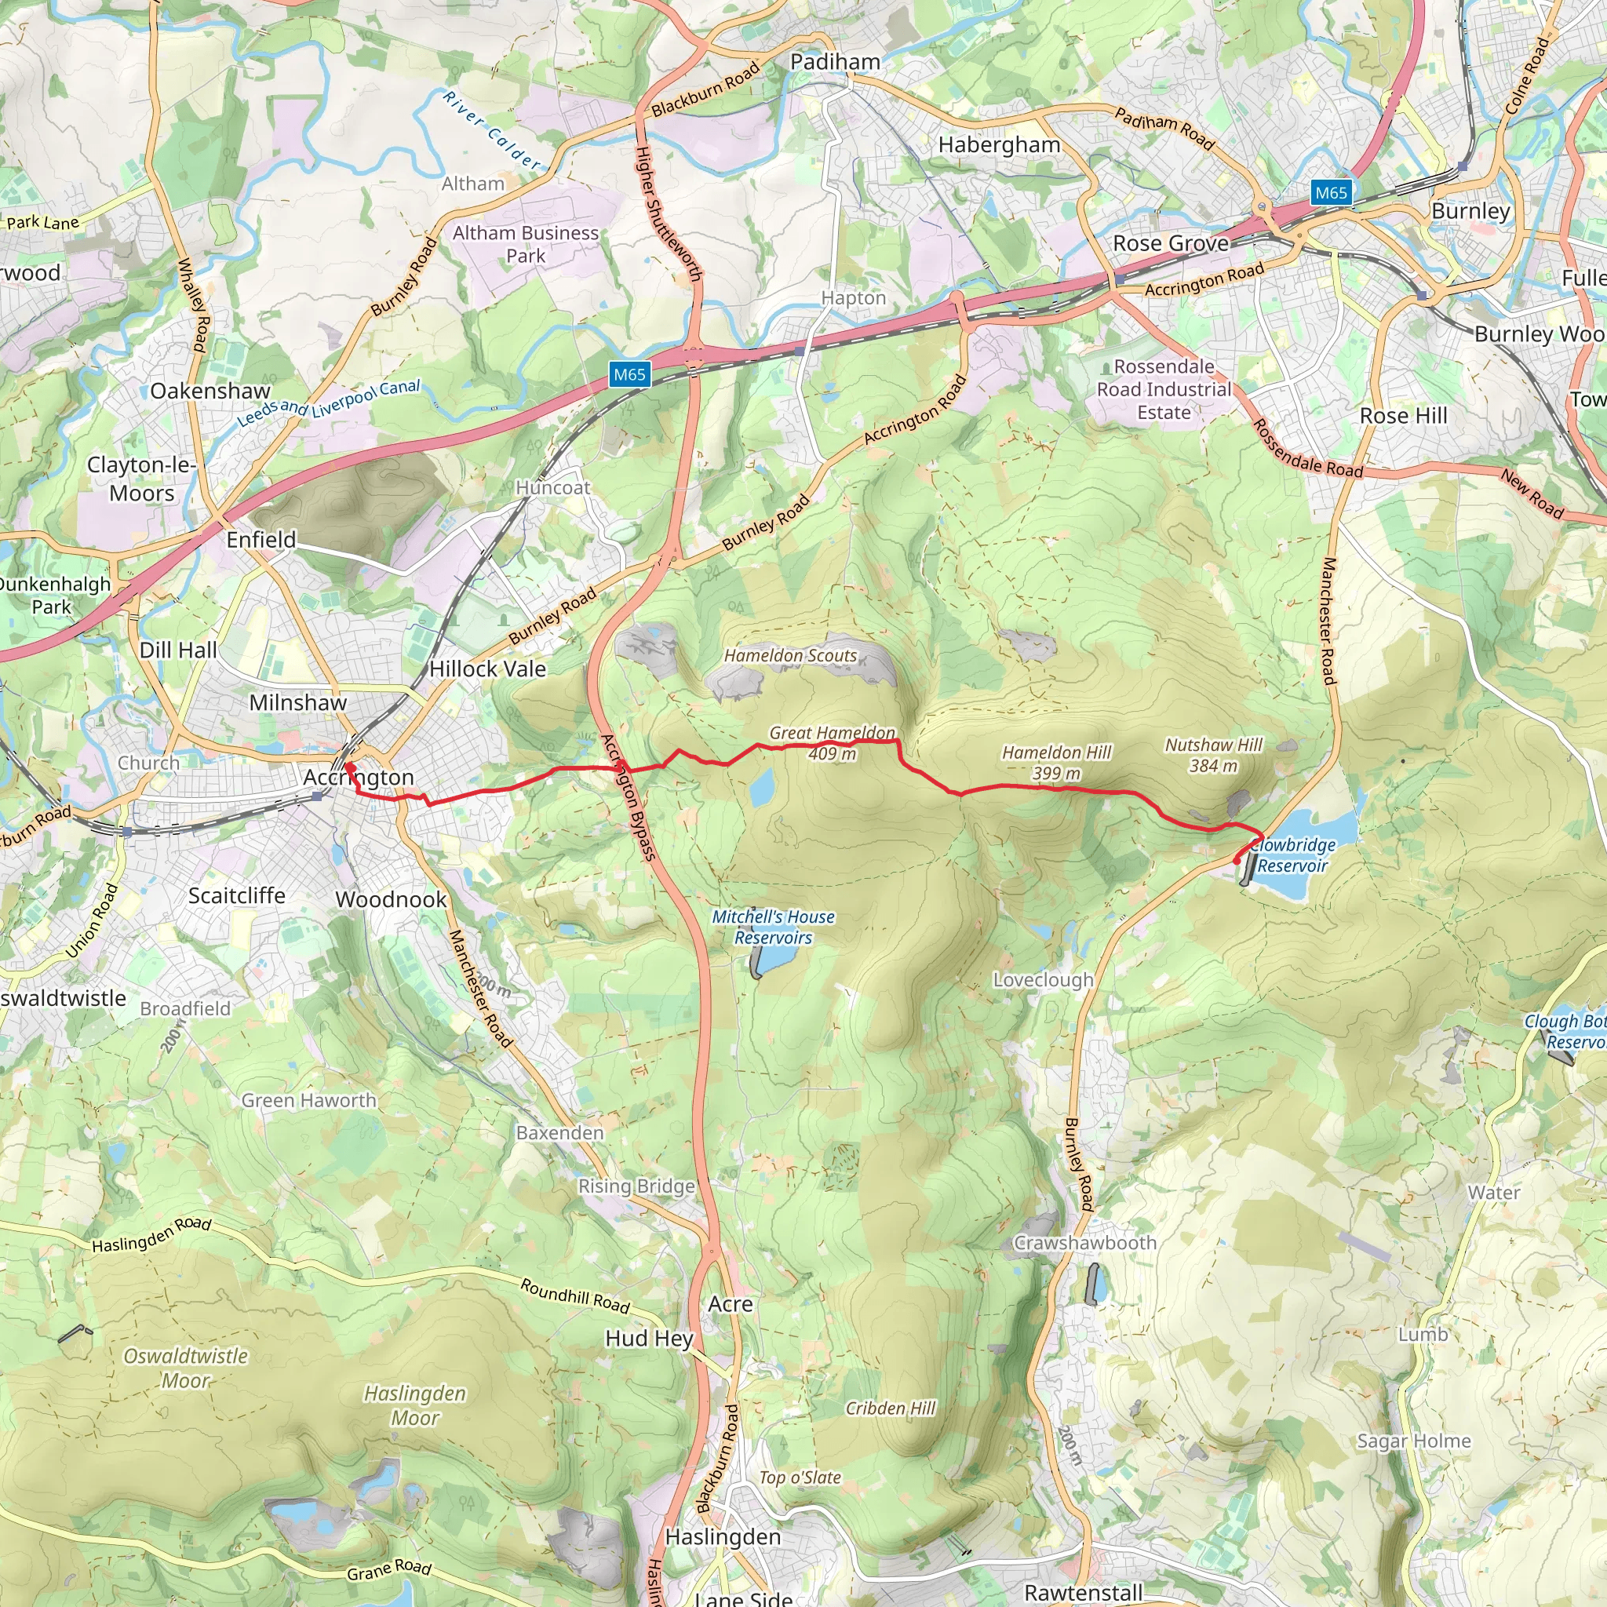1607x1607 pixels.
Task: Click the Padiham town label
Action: pos(835,61)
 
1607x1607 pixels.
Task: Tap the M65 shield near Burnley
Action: pos(1330,193)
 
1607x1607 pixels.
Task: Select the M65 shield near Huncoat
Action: pos(629,374)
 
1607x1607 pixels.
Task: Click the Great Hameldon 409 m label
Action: pos(832,743)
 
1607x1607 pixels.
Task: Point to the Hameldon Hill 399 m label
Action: pos(1056,763)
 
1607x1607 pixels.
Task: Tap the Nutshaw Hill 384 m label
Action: pos(1213,756)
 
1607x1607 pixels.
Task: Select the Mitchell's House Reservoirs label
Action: pos(773,927)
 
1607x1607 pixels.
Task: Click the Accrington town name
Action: pos(359,777)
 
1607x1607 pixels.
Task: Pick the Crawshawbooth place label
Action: pos(1084,1243)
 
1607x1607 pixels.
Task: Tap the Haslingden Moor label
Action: pos(415,1405)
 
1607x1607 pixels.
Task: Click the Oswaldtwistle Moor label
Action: pos(185,1368)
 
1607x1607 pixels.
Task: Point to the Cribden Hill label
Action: pos(890,1408)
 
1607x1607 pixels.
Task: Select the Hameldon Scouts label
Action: pos(790,655)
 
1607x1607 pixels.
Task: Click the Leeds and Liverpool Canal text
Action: pos(330,403)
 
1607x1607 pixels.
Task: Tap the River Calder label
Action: pos(491,130)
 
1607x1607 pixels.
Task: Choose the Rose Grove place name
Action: pos(1170,244)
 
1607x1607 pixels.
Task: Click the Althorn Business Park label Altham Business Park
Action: pos(526,245)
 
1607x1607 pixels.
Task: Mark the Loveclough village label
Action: pos(1043,980)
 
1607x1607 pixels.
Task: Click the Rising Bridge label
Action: pos(636,1186)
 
